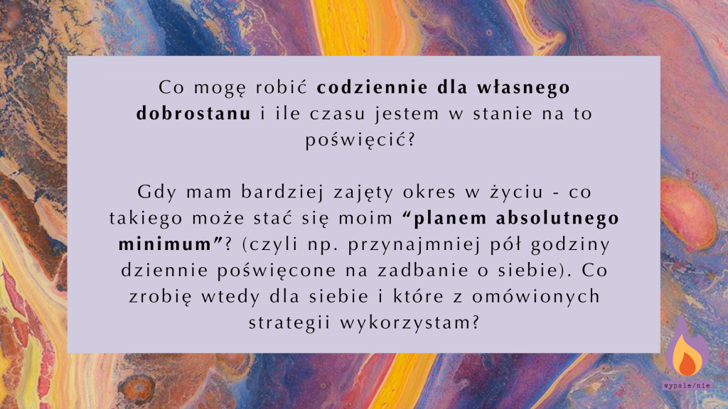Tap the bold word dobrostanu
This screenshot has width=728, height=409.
pos(193,114)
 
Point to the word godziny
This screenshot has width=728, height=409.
pos(571,245)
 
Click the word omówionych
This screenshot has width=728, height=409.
pos(536,296)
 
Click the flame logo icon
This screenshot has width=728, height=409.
pos(687,349)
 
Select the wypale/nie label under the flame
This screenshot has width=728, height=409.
pos(687,386)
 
